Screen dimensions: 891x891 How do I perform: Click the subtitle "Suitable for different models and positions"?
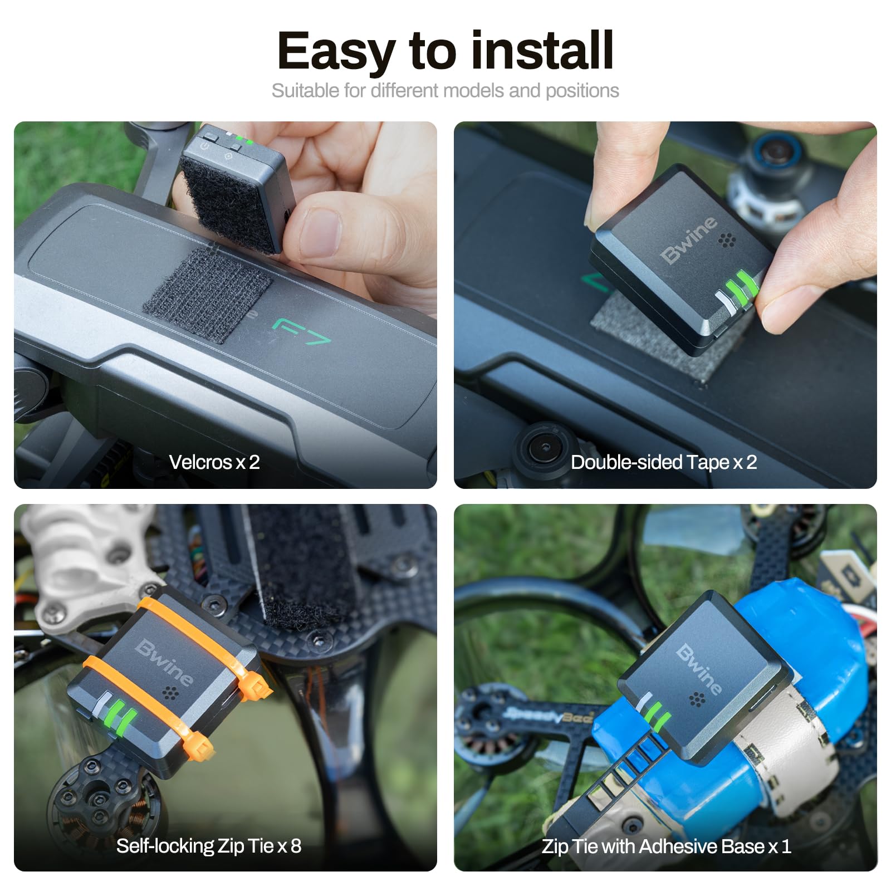[445, 90]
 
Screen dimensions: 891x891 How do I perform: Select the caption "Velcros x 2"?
[214, 462]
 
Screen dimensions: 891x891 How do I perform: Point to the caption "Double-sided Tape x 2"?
[664, 462]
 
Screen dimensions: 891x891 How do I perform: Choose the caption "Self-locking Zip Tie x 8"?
[209, 846]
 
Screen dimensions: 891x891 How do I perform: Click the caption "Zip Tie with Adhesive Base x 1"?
[666, 846]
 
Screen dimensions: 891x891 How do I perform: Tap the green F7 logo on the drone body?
[301, 331]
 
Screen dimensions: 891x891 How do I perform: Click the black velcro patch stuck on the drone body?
[207, 295]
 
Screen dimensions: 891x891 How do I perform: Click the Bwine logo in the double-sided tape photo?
[689, 239]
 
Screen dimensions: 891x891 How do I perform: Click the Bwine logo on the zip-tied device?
[165, 662]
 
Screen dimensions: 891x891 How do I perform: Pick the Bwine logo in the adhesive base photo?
[699, 669]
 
